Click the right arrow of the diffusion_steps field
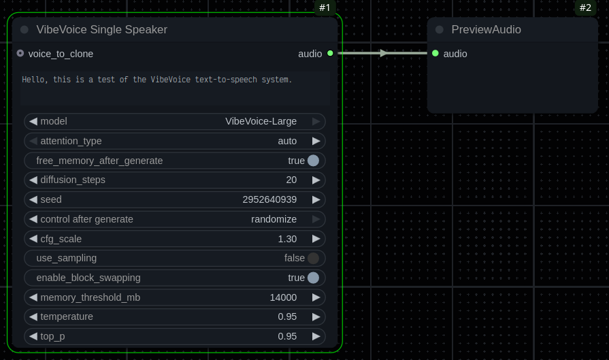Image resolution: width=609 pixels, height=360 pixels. [x=316, y=180]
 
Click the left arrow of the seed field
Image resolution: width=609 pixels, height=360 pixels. [x=33, y=200]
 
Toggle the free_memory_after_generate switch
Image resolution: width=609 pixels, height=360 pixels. [x=313, y=161]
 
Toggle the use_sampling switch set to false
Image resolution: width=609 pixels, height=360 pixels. [x=313, y=259]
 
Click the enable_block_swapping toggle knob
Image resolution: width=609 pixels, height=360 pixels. [x=313, y=278]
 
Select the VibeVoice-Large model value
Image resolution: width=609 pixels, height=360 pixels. [x=261, y=122]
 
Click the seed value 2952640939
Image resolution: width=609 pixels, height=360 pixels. [x=269, y=200]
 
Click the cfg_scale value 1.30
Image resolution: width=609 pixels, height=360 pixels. [x=287, y=239]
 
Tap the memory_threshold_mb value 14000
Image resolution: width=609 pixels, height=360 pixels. [x=283, y=297]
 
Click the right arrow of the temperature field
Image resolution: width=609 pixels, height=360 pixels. [x=316, y=317]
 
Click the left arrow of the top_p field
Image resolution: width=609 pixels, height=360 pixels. [x=33, y=336]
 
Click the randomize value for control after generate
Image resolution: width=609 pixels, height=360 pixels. [x=274, y=219]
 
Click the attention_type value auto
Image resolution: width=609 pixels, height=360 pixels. [x=287, y=141]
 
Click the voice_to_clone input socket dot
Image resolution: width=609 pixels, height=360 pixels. [x=20, y=53]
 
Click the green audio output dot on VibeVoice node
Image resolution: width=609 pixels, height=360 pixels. [x=330, y=53]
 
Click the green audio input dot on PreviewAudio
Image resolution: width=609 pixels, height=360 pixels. [x=435, y=53]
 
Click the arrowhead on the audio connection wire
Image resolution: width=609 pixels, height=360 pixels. [x=384, y=53]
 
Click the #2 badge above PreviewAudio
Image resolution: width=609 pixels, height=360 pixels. [x=585, y=8]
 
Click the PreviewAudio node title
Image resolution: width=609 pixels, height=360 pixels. [x=486, y=30]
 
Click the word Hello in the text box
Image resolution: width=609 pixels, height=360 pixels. [x=32, y=80]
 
